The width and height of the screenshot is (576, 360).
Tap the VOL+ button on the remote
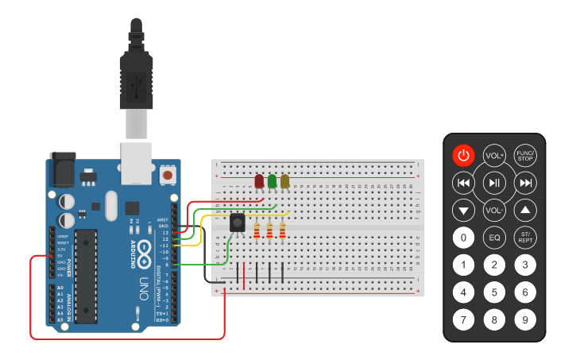(494, 156)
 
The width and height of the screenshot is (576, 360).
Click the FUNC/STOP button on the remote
(524, 156)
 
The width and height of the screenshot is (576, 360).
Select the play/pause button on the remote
(494, 184)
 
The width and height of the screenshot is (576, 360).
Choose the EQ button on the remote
(494, 237)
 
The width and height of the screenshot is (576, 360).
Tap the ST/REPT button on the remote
(524, 237)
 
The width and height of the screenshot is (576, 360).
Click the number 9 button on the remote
(524, 319)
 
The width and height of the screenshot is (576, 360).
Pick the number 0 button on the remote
(464, 237)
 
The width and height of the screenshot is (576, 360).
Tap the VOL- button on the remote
(494, 211)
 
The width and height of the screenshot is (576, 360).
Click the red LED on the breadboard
(259, 181)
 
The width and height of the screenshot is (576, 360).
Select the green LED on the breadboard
(272, 181)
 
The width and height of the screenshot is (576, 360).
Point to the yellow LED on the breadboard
(284, 181)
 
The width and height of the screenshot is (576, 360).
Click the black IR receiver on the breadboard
(238, 223)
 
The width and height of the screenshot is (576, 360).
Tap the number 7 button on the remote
(464, 319)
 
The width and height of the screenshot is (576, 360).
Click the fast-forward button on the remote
(524, 184)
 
